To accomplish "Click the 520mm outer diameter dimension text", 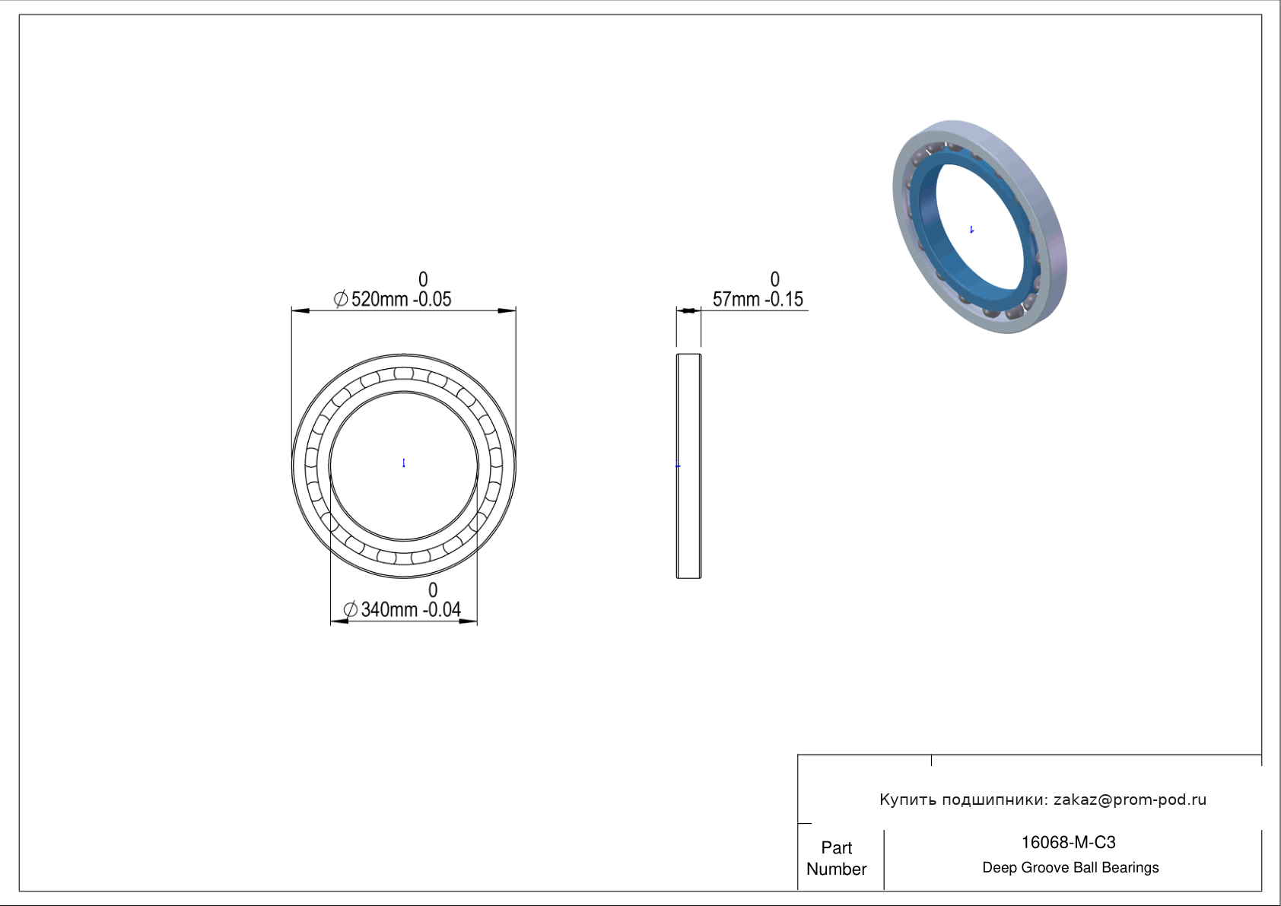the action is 379,299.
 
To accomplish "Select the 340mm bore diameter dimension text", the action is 389,610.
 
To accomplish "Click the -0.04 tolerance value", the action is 442,610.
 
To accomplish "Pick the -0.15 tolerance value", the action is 784,299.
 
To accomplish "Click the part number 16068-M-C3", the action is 1068,843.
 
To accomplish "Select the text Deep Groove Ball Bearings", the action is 1070,868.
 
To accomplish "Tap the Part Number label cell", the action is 837,858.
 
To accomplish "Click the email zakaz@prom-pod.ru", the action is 1130,800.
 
